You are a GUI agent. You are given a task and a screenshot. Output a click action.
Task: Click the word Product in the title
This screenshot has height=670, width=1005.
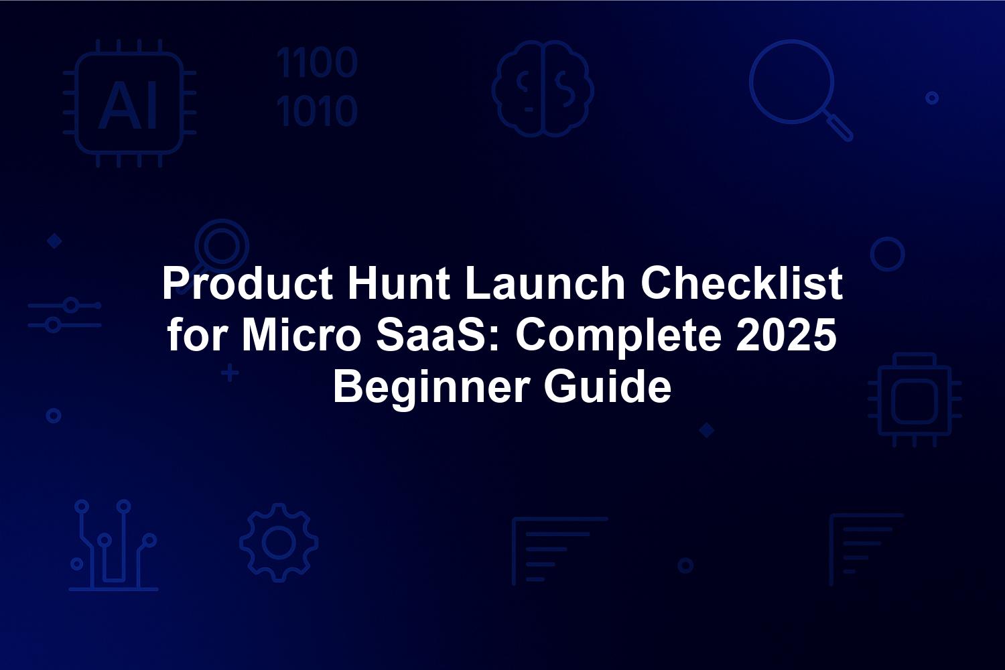pyautogui.click(x=247, y=283)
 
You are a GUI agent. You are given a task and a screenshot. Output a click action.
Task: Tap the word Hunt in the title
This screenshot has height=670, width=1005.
pyautogui.click(x=399, y=283)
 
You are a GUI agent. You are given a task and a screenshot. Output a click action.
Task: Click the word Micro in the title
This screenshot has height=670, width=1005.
pyautogui.click(x=301, y=335)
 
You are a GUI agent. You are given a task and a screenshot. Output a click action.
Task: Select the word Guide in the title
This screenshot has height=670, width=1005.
pyautogui.click(x=608, y=386)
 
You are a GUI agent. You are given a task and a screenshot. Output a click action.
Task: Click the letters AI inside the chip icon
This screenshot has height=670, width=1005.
pyautogui.click(x=128, y=106)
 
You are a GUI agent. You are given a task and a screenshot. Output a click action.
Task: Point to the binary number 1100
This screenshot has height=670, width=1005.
pyautogui.click(x=317, y=62)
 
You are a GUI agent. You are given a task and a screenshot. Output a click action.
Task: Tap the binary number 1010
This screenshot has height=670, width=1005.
pyautogui.click(x=317, y=111)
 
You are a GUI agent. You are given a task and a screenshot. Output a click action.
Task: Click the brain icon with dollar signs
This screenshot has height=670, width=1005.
pyautogui.click(x=543, y=89)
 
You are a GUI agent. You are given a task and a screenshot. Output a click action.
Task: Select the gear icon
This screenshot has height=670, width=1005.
pyautogui.click(x=279, y=543)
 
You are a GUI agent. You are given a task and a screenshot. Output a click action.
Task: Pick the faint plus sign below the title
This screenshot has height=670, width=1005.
pyautogui.click(x=230, y=373)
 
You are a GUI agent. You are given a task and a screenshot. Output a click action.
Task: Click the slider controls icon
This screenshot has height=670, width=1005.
pyautogui.click(x=64, y=315)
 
